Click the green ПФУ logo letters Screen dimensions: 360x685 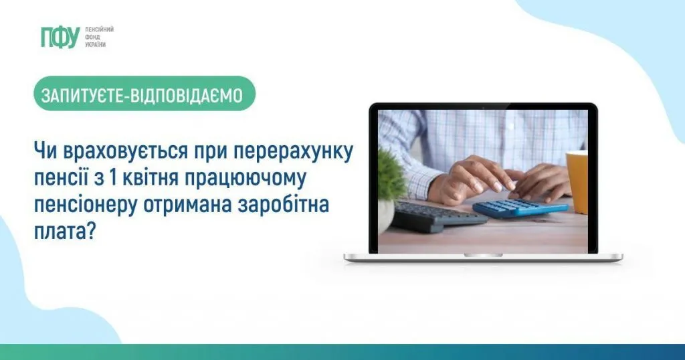coord(60,38)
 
